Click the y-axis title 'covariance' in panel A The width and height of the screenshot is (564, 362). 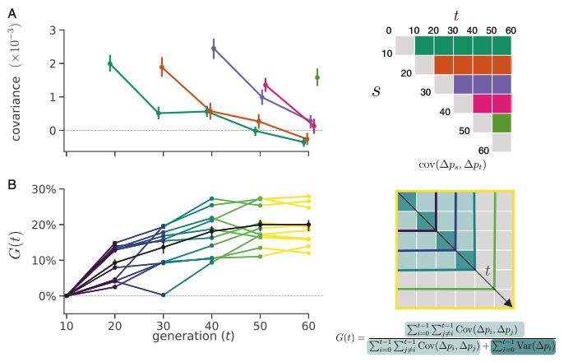(16, 89)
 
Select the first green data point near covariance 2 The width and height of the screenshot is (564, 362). (110, 63)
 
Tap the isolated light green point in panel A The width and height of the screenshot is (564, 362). (317, 77)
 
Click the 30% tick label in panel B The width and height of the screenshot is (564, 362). (41, 190)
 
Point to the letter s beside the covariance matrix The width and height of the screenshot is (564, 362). (376, 89)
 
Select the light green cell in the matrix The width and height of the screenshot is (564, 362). (502, 123)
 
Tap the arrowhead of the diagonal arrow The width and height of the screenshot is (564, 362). (509, 304)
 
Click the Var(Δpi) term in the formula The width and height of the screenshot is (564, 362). (523, 347)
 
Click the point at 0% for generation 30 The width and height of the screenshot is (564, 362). (164, 295)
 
